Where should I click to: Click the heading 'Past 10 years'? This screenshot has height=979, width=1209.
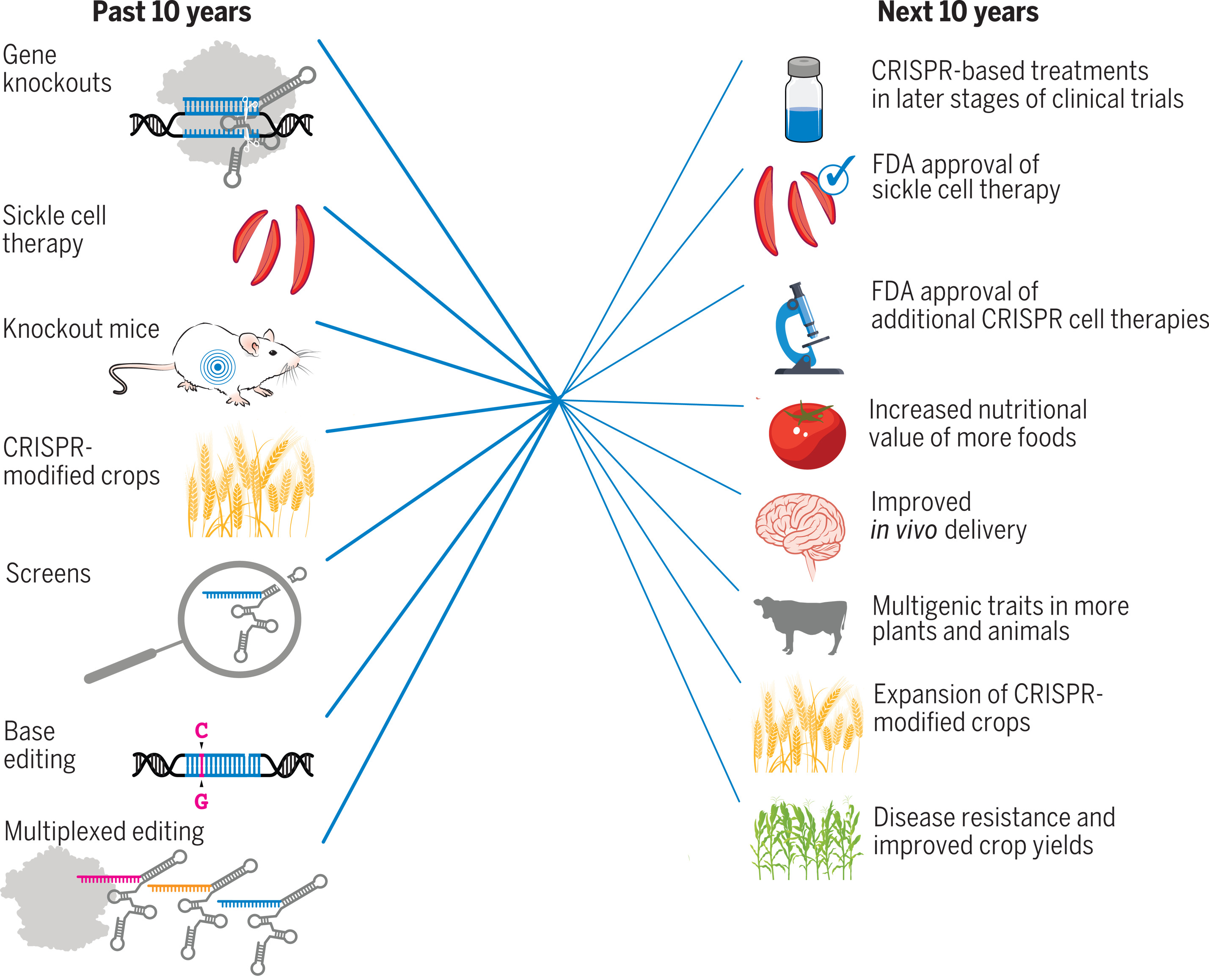pos(171,12)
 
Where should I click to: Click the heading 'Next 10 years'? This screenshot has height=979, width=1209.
pos(958,12)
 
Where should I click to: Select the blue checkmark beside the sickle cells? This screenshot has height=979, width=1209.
pos(835,176)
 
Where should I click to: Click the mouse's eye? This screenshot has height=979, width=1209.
pos(273,353)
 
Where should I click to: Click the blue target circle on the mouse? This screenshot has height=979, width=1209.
pos(218,367)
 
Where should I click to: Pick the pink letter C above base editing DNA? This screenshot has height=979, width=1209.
pos(201,731)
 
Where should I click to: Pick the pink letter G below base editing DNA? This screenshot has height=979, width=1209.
pos(201,801)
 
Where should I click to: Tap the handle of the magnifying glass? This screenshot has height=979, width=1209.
pos(121,665)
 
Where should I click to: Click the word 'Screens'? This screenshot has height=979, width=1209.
pos(49,574)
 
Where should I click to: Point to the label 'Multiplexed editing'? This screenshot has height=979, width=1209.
pos(105,831)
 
